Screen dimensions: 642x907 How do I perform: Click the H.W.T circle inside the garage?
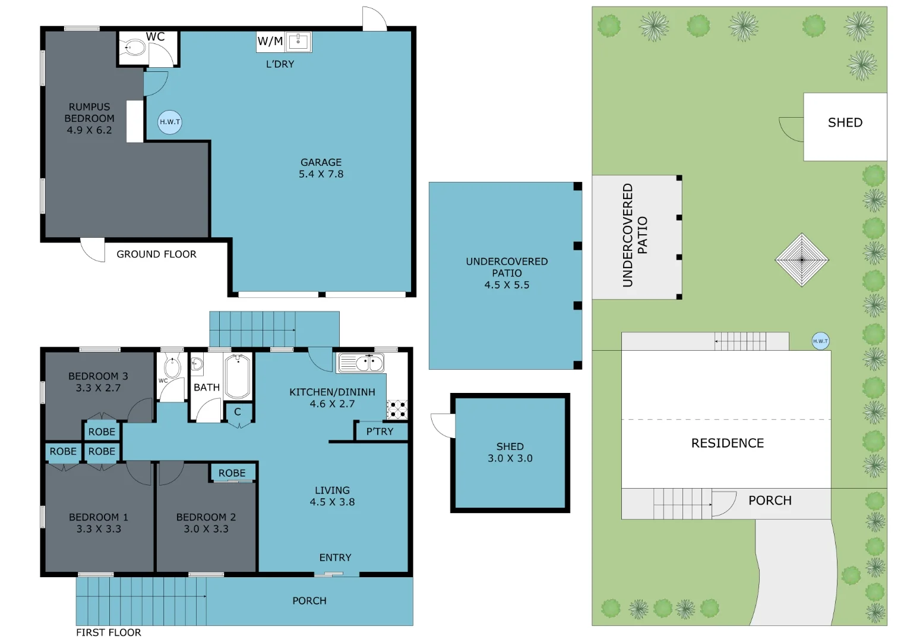[x=170, y=122]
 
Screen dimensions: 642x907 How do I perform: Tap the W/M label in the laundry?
[x=270, y=41]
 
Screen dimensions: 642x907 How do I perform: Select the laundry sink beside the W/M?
[x=298, y=42]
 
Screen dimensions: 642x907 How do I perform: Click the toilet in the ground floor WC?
[x=134, y=48]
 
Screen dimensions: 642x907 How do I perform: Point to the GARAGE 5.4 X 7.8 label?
[x=321, y=168]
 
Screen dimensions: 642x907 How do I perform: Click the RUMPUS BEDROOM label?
[x=89, y=118]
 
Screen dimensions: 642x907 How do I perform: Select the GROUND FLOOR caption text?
[x=156, y=254]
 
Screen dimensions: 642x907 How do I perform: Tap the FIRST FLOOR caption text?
[x=109, y=632]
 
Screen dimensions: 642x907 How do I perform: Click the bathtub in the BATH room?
[x=238, y=376]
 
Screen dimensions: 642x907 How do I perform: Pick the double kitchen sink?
[x=361, y=362]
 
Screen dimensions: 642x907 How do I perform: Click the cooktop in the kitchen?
[x=397, y=410]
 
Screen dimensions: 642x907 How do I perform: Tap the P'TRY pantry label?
[x=380, y=432]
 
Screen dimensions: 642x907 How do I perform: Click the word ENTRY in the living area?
[x=335, y=558]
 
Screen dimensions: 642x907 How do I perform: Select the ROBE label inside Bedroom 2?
[x=232, y=473]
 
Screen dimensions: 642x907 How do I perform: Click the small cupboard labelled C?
[x=238, y=412]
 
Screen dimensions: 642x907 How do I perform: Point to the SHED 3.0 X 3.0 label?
[x=510, y=452]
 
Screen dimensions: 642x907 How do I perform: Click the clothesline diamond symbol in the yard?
[x=802, y=260]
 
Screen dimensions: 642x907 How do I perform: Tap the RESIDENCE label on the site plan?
[x=727, y=443]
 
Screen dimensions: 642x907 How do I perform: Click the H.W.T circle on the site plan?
[x=820, y=341]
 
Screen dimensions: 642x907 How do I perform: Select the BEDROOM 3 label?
[x=98, y=382]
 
